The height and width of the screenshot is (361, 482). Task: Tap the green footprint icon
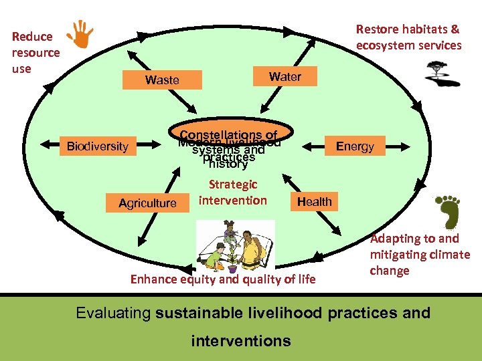445,212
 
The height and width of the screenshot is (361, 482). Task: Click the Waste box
162,80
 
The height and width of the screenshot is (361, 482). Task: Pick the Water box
285,77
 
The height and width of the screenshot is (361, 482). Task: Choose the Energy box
355,146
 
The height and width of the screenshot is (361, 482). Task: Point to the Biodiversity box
97,146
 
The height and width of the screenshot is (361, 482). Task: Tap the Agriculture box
147,203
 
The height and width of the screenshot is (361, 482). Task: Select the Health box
314,201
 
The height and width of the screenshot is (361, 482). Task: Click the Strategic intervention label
232,193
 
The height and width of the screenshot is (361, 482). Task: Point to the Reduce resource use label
35,52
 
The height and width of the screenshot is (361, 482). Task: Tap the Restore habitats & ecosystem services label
408,37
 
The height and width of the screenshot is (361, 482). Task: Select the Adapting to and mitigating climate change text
420,255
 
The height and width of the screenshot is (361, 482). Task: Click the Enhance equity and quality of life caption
223,279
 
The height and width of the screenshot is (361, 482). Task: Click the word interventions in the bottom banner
241,341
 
